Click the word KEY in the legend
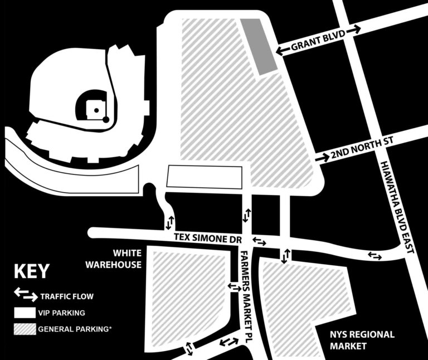[x=31, y=272]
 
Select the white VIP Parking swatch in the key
[x=24, y=313]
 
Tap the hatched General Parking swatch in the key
[x=24, y=329]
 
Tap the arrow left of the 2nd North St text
[x=322, y=158]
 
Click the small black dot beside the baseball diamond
[x=105, y=119]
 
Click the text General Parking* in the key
[x=75, y=329]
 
